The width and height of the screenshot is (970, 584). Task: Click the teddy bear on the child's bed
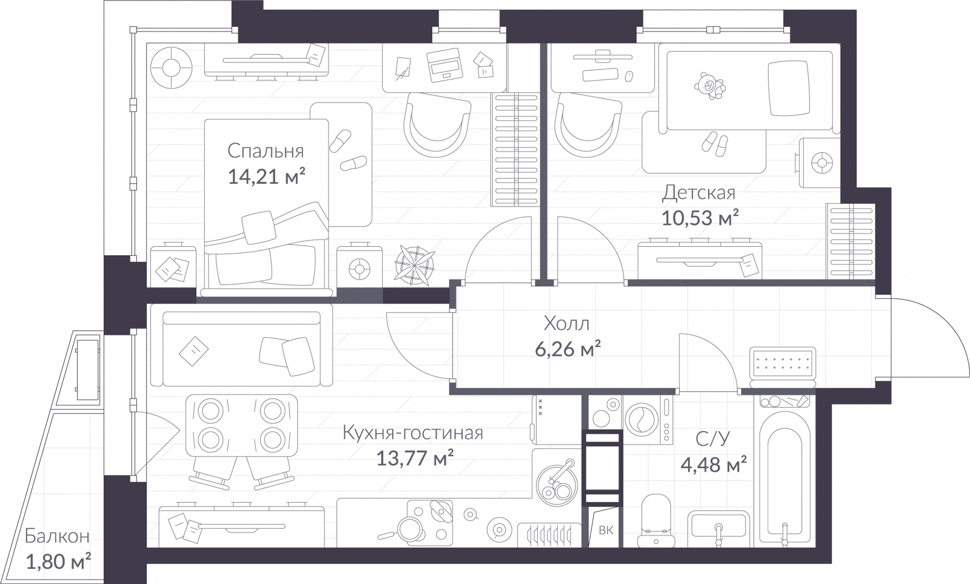709,86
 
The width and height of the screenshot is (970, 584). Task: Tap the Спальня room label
266,150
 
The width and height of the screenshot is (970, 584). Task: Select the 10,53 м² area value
700,218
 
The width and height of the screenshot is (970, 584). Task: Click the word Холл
566,324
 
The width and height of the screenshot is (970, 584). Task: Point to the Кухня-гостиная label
412,433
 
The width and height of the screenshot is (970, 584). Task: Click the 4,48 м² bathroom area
713,465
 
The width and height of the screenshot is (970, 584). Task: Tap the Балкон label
57,536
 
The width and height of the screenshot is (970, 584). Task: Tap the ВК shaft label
606,531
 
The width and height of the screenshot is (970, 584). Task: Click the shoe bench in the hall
783,366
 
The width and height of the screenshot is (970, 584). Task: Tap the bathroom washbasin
718,529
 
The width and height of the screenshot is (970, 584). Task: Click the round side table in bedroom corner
172,65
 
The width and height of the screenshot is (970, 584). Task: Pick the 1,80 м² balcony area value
58,562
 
